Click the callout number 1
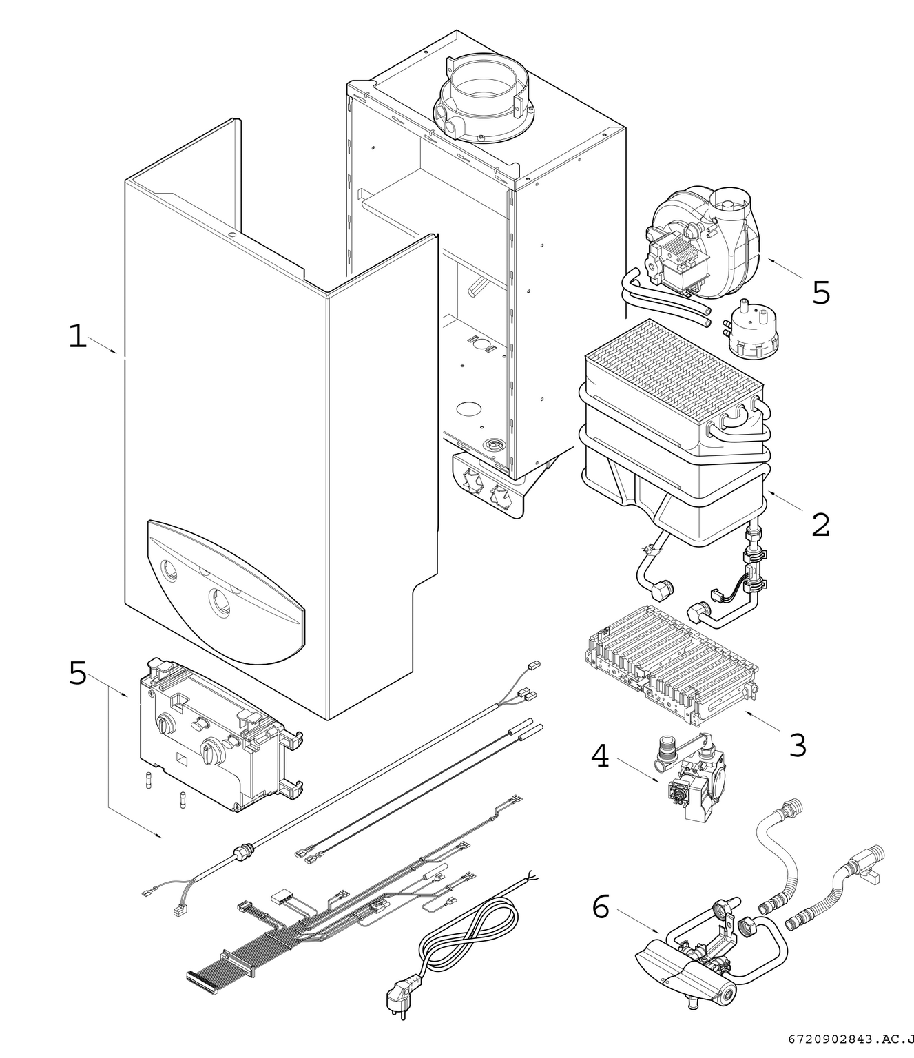pyautogui.click(x=78, y=337)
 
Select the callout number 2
pyautogui.click(x=820, y=526)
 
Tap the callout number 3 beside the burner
pyautogui.click(x=798, y=745)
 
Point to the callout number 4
pyautogui.click(x=600, y=756)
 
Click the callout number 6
pyautogui.click(x=601, y=907)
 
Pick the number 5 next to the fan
pyautogui.click(x=821, y=293)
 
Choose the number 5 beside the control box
pyautogui.click(x=78, y=673)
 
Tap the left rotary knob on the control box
pyautogui.click(x=165, y=726)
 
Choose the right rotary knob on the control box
pyautogui.click(x=209, y=749)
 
